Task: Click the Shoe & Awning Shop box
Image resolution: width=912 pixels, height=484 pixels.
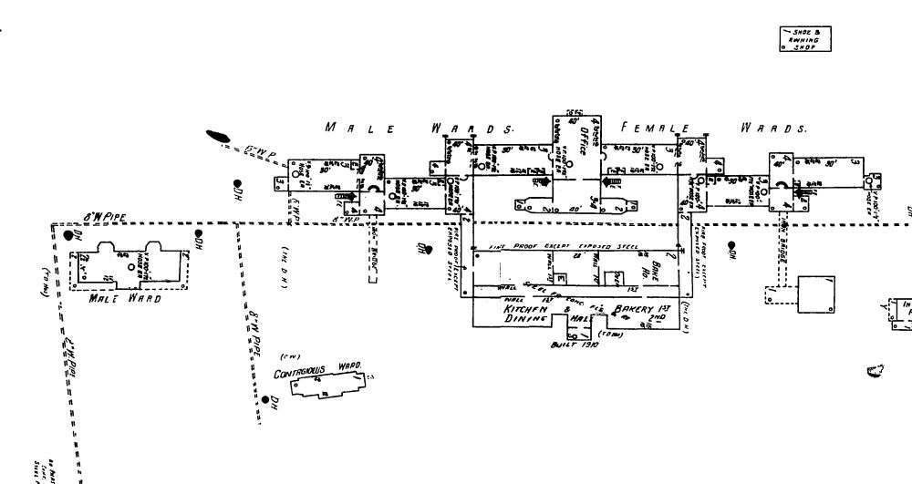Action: tap(807, 40)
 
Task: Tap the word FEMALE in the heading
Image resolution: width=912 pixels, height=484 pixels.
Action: tap(654, 129)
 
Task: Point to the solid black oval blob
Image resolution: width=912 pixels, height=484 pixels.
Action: tap(218, 136)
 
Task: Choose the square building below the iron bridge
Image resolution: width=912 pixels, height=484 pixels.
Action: tap(818, 294)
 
